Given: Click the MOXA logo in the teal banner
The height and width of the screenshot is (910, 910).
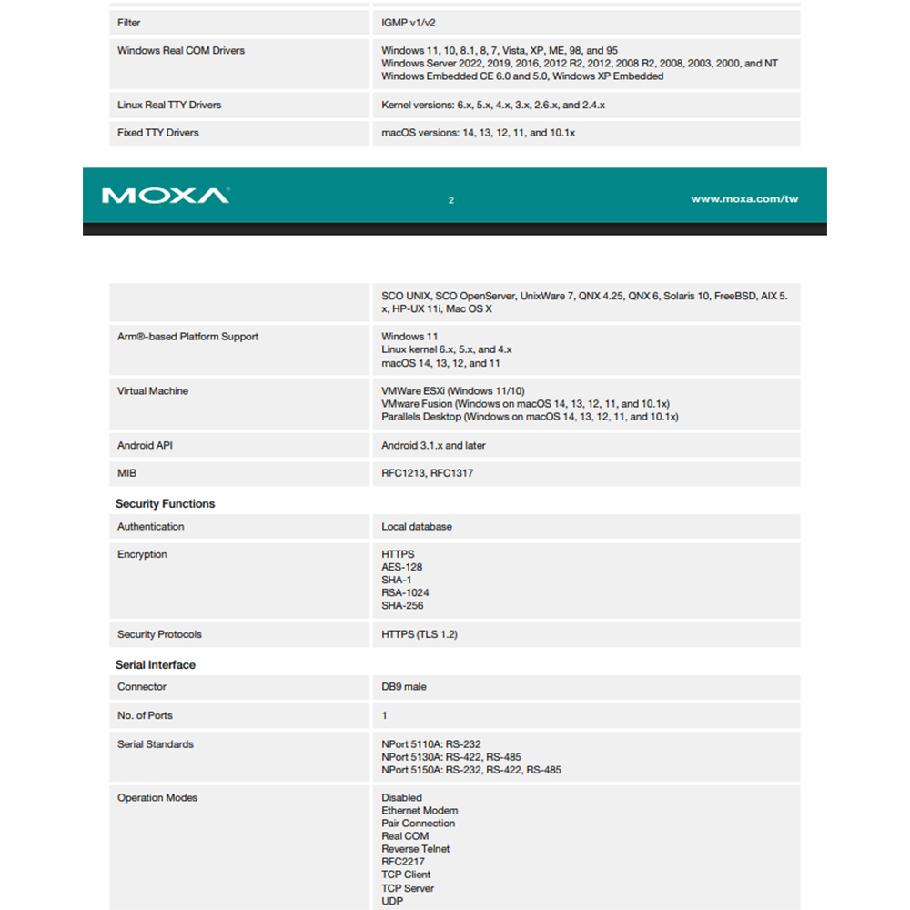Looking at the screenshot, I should point(166,196).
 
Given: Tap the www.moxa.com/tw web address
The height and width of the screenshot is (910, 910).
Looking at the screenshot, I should point(744,199).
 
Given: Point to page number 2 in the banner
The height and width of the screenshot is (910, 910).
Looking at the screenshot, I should point(451,200).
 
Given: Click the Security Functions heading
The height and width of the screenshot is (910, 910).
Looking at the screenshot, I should point(165,503).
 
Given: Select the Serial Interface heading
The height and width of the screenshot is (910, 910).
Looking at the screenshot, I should point(156,664).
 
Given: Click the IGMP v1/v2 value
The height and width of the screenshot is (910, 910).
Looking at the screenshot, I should point(415,23).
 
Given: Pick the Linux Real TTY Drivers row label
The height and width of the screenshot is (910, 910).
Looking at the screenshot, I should point(169,106).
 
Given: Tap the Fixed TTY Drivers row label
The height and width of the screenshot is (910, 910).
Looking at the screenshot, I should point(158,133).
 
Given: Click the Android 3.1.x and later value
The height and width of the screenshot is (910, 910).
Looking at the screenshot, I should point(433,446).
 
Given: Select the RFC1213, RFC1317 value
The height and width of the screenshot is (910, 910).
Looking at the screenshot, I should point(427,473).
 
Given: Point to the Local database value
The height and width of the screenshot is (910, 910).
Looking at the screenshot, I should point(417,527).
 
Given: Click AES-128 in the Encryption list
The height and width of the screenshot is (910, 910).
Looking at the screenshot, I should point(402,567).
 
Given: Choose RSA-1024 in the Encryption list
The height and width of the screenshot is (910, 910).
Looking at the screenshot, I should point(405,592).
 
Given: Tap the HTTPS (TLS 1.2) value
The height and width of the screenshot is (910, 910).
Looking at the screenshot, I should point(420,634).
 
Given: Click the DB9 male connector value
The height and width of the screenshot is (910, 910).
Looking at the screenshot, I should point(404,687).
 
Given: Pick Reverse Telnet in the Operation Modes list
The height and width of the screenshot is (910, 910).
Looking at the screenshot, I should point(416,849).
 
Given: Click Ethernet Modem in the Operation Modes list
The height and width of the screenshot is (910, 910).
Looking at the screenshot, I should point(420,811).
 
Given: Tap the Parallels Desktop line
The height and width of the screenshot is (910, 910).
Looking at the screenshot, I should point(530,417).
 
